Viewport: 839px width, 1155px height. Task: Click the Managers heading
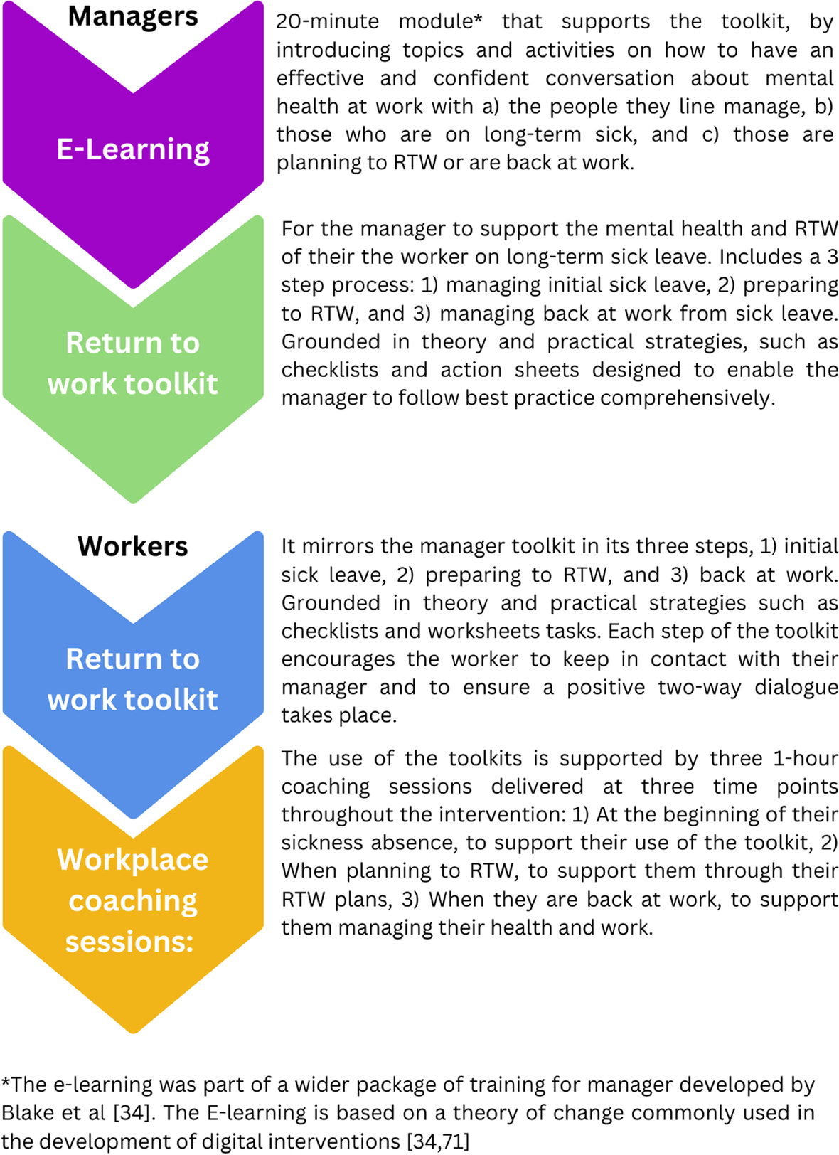tap(133, 16)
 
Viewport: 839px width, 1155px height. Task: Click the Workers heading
tap(133, 546)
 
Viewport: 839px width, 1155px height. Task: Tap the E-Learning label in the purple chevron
tap(133, 149)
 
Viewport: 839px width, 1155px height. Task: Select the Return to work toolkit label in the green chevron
tap(133, 363)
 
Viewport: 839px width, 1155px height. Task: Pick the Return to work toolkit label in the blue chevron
tap(133, 679)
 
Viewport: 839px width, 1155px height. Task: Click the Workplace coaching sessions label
tap(133, 900)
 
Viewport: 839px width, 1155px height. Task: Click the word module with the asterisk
tap(440, 21)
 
